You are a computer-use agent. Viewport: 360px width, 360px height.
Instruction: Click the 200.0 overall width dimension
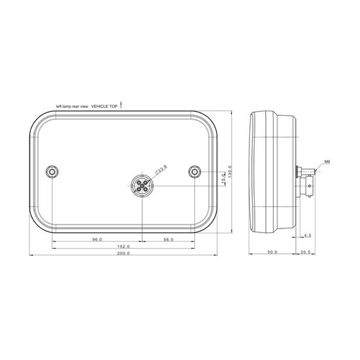pyautogui.click(x=123, y=253)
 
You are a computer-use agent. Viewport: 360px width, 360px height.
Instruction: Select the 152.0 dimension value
pyautogui.click(x=123, y=246)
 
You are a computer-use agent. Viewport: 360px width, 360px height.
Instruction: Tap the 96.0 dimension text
pyautogui.click(x=97, y=240)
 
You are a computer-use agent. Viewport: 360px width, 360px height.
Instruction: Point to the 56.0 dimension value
pyautogui.click(x=168, y=240)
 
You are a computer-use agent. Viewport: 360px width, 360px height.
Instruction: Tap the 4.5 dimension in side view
pyautogui.click(x=308, y=234)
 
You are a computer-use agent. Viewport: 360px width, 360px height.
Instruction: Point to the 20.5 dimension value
pyautogui.click(x=304, y=252)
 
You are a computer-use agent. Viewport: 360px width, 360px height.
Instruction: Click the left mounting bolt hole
pyautogui.click(x=52, y=171)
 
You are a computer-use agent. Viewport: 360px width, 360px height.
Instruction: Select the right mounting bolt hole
pyautogui.click(x=194, y=171)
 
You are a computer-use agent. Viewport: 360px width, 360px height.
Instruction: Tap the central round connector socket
pyautogui.click(x=142, y=186)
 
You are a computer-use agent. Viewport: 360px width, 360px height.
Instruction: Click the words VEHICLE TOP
pyautogui.click(x=105, y=105)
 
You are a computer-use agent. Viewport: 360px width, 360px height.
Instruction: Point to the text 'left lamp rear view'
pyautogui.click(x=72, y=105)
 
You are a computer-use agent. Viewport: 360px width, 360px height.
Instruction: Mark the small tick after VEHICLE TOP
pyautogui.click(x=122, y=103)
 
